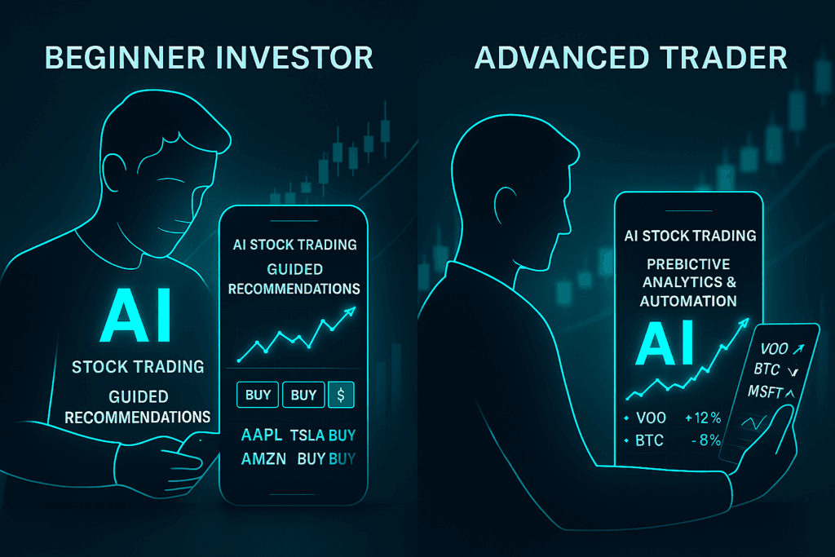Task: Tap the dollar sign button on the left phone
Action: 340,395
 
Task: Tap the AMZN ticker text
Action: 263,459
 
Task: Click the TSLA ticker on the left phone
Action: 309,435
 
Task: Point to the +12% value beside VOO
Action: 704,418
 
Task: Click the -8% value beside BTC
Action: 705,440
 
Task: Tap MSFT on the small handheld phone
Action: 766,391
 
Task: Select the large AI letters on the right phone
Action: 665,343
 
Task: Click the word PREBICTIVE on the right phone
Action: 690,265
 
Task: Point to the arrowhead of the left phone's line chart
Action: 351,310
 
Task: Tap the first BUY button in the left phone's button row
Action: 258,395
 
